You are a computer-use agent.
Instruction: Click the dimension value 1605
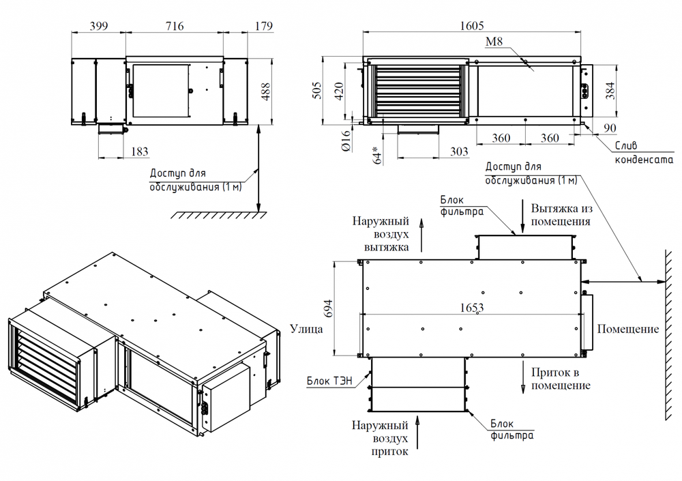[x=471, y=26]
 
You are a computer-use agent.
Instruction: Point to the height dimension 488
[x=266, y=91]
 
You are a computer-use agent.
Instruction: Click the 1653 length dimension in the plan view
[x=471, y=308]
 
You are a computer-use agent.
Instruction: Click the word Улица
[x=305, y=329]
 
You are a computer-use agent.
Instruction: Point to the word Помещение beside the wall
[x=628, y=329]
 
